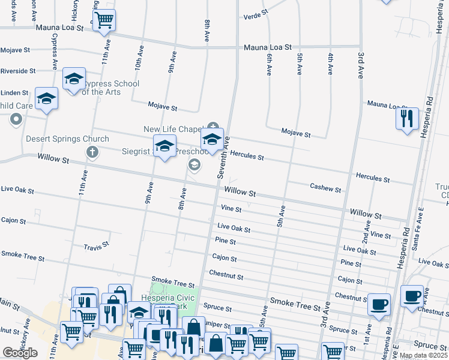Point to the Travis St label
pyautogui.click(x=96, y=245)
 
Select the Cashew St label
pyautogui.click(x=325, y=188)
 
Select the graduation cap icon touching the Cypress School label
pyautogui.click(x=74, y=79)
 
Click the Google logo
pyautogui.click(x=20, y=353)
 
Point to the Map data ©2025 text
pyautogui.click(x=423, y=355)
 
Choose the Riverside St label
pyautogui.click(x=17, y=71)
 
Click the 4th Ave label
pyautogui.click(x=330, y=64)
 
